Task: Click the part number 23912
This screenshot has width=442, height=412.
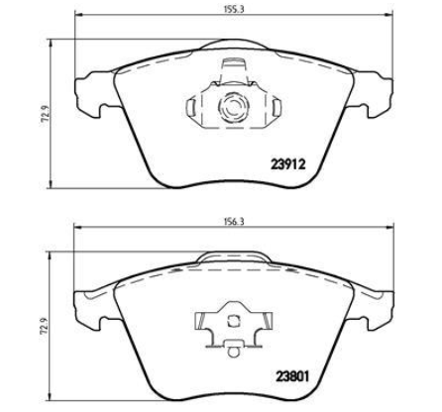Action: click(287, 163)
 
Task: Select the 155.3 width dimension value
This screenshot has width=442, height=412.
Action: click(233, 9)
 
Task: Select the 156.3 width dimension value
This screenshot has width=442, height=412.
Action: click(234, 222)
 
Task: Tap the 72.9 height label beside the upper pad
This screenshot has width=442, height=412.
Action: click(46, 114)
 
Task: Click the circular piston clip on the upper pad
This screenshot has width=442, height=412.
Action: click(233, 107)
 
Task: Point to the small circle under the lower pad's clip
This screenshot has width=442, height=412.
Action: click(234, 352)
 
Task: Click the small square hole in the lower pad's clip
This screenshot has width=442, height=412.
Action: click(234, 320)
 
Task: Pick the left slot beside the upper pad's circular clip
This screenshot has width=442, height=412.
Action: click(191, 107)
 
